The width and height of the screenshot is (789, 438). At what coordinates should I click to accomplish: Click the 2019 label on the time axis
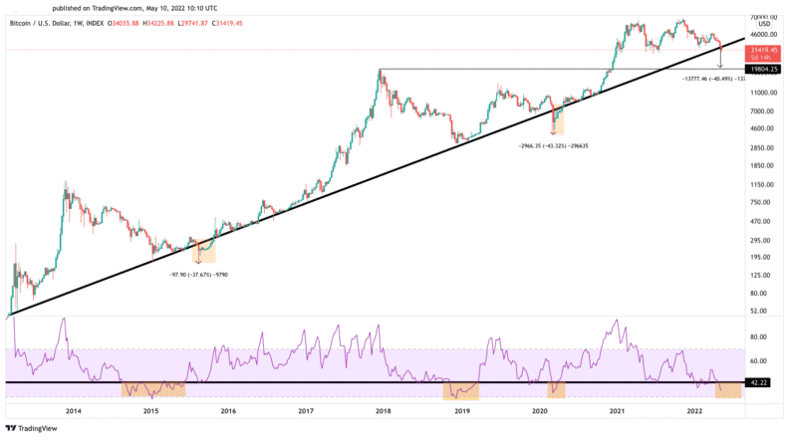pos(461,410)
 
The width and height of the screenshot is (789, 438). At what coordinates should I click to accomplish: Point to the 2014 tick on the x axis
pos(73,410)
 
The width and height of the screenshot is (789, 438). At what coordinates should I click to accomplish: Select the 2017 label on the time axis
pos(306,410)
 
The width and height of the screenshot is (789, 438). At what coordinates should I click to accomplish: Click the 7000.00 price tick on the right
pos(762,110)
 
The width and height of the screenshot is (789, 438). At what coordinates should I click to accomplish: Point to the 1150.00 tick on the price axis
pos(762,185)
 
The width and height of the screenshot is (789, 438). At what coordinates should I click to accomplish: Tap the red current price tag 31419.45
pos(763,50)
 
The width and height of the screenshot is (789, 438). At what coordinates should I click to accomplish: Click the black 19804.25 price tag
pos(762,69)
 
